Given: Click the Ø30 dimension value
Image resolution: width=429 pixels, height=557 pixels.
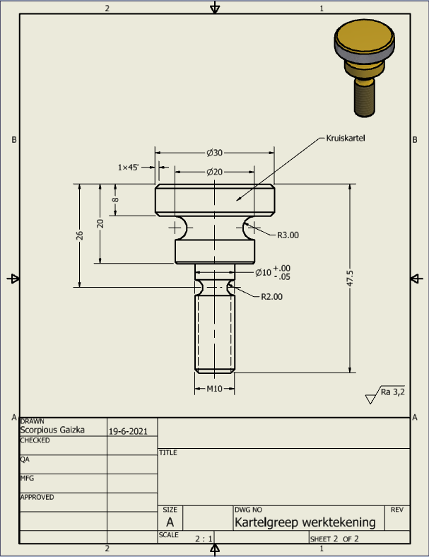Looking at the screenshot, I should tap(215, 153).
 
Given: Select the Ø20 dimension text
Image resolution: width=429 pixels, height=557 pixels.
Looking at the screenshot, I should tap(215, 172).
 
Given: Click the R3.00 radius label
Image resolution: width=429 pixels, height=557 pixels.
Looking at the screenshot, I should tap(288, 235).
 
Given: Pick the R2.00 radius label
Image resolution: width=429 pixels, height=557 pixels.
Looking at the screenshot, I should tap(271, 297).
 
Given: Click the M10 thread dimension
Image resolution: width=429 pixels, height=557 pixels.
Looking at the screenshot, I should tap(214, 389).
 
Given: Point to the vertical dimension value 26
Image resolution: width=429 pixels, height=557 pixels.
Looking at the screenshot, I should tap(80, 236).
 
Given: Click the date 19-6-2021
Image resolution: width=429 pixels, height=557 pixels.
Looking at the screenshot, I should tap(128, 430).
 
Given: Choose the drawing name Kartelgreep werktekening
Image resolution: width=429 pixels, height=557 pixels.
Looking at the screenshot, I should tap(305, 522).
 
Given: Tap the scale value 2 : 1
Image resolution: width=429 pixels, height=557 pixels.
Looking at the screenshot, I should tap(204, 539).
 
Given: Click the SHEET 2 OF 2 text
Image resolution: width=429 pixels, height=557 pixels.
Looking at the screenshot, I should tap(334, 539).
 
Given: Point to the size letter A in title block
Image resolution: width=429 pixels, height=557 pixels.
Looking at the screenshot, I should tap(170, 522).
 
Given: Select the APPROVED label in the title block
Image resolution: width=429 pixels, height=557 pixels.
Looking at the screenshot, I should tap(37, 497).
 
